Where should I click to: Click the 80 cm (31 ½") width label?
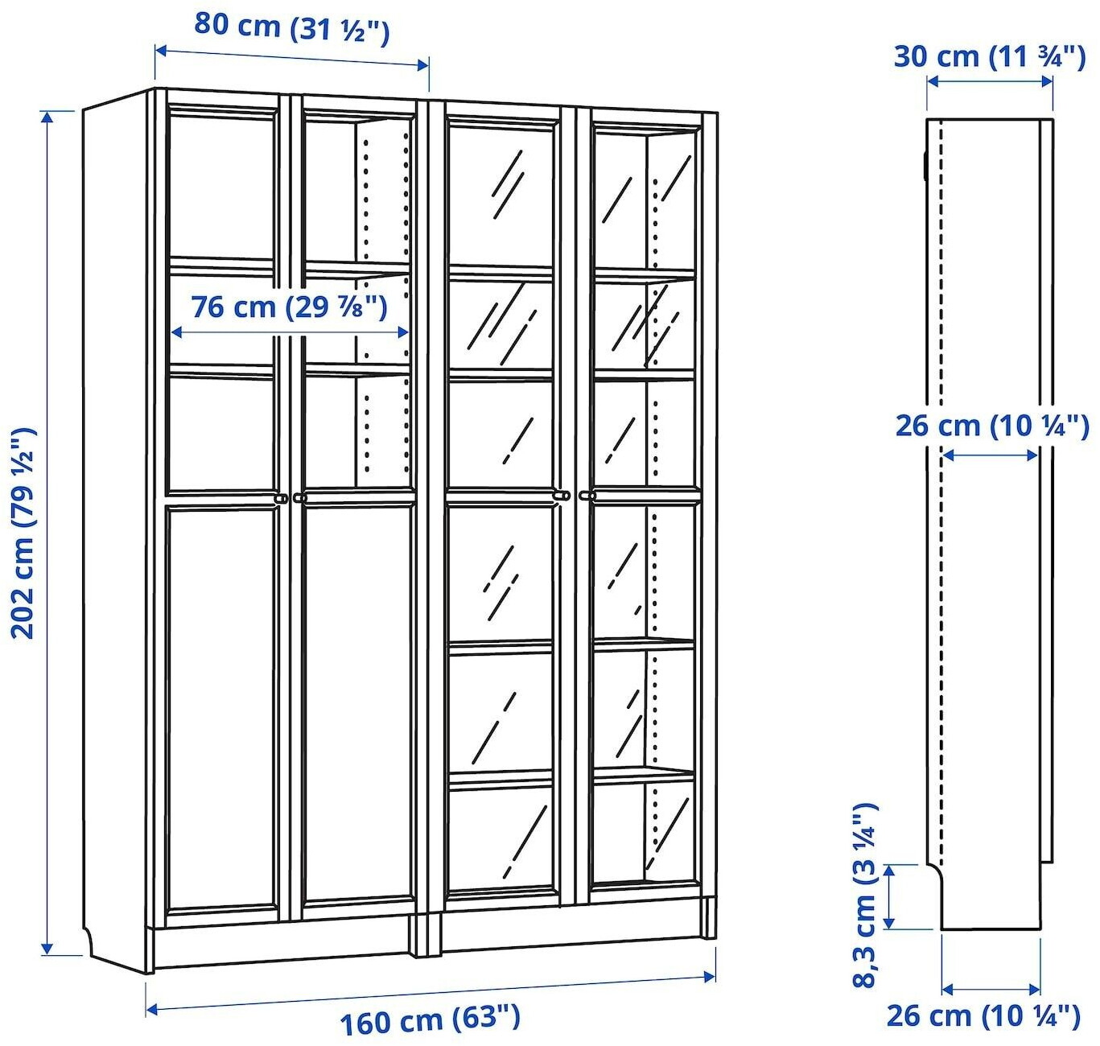(x=291, y=27)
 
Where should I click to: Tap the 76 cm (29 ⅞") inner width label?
(x=289, y=307)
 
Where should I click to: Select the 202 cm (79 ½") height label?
(x=23, y=533)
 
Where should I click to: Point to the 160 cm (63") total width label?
(x=430, y=1019)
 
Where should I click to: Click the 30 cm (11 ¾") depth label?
(x=989, y=57)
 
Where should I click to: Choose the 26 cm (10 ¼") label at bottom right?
(x=983, y=1015)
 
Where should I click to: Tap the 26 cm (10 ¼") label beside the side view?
(x=991, y=426)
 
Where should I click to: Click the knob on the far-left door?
(x=281, y=499)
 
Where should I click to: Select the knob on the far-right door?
(x=584, y=496)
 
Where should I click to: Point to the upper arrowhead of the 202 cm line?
(x=47, y=117)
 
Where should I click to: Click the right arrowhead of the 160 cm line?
(x=711, y=976)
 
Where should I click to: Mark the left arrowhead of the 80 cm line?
(x=159, y=51)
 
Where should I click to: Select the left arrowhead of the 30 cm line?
(x=932, y=80)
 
